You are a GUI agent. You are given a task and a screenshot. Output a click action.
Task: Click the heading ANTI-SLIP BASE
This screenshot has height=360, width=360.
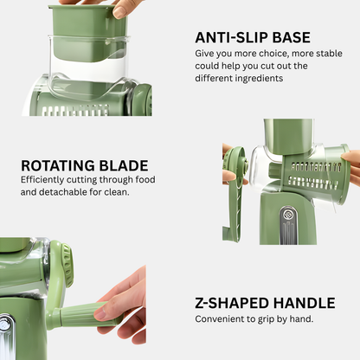[x=253, y=37]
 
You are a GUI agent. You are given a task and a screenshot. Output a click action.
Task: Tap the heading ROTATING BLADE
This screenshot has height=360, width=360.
[x=85, y=165]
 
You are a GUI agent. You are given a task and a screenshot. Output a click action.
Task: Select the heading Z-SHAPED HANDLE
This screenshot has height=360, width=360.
[x=265, y=303]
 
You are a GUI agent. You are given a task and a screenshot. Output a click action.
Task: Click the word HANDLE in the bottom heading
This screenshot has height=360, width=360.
[x=304, y=303]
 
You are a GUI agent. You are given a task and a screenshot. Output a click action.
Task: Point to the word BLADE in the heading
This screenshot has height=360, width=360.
[x=124, y=165]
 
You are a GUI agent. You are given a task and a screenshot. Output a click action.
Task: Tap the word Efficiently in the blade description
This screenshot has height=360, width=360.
[x=42, y=180]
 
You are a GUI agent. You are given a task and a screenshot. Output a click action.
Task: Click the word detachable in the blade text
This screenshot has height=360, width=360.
[x=63, y=192]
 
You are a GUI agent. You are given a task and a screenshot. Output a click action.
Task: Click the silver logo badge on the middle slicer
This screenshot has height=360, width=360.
[x=287, y=215]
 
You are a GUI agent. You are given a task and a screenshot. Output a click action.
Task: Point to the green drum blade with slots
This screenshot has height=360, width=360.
[x=315, y=175]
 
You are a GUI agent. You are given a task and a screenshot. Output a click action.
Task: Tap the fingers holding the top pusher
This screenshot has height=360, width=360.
[x=115, y=6]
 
